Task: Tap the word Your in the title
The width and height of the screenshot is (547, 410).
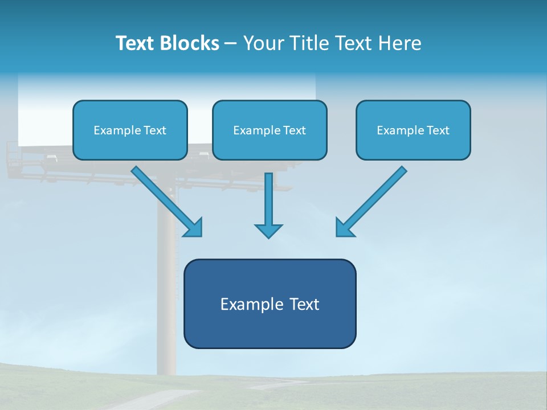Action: pos(265,43)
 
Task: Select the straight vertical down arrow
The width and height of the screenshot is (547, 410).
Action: pos(268,202)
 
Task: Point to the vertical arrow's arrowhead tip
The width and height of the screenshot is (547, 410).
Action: pos(268,237)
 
